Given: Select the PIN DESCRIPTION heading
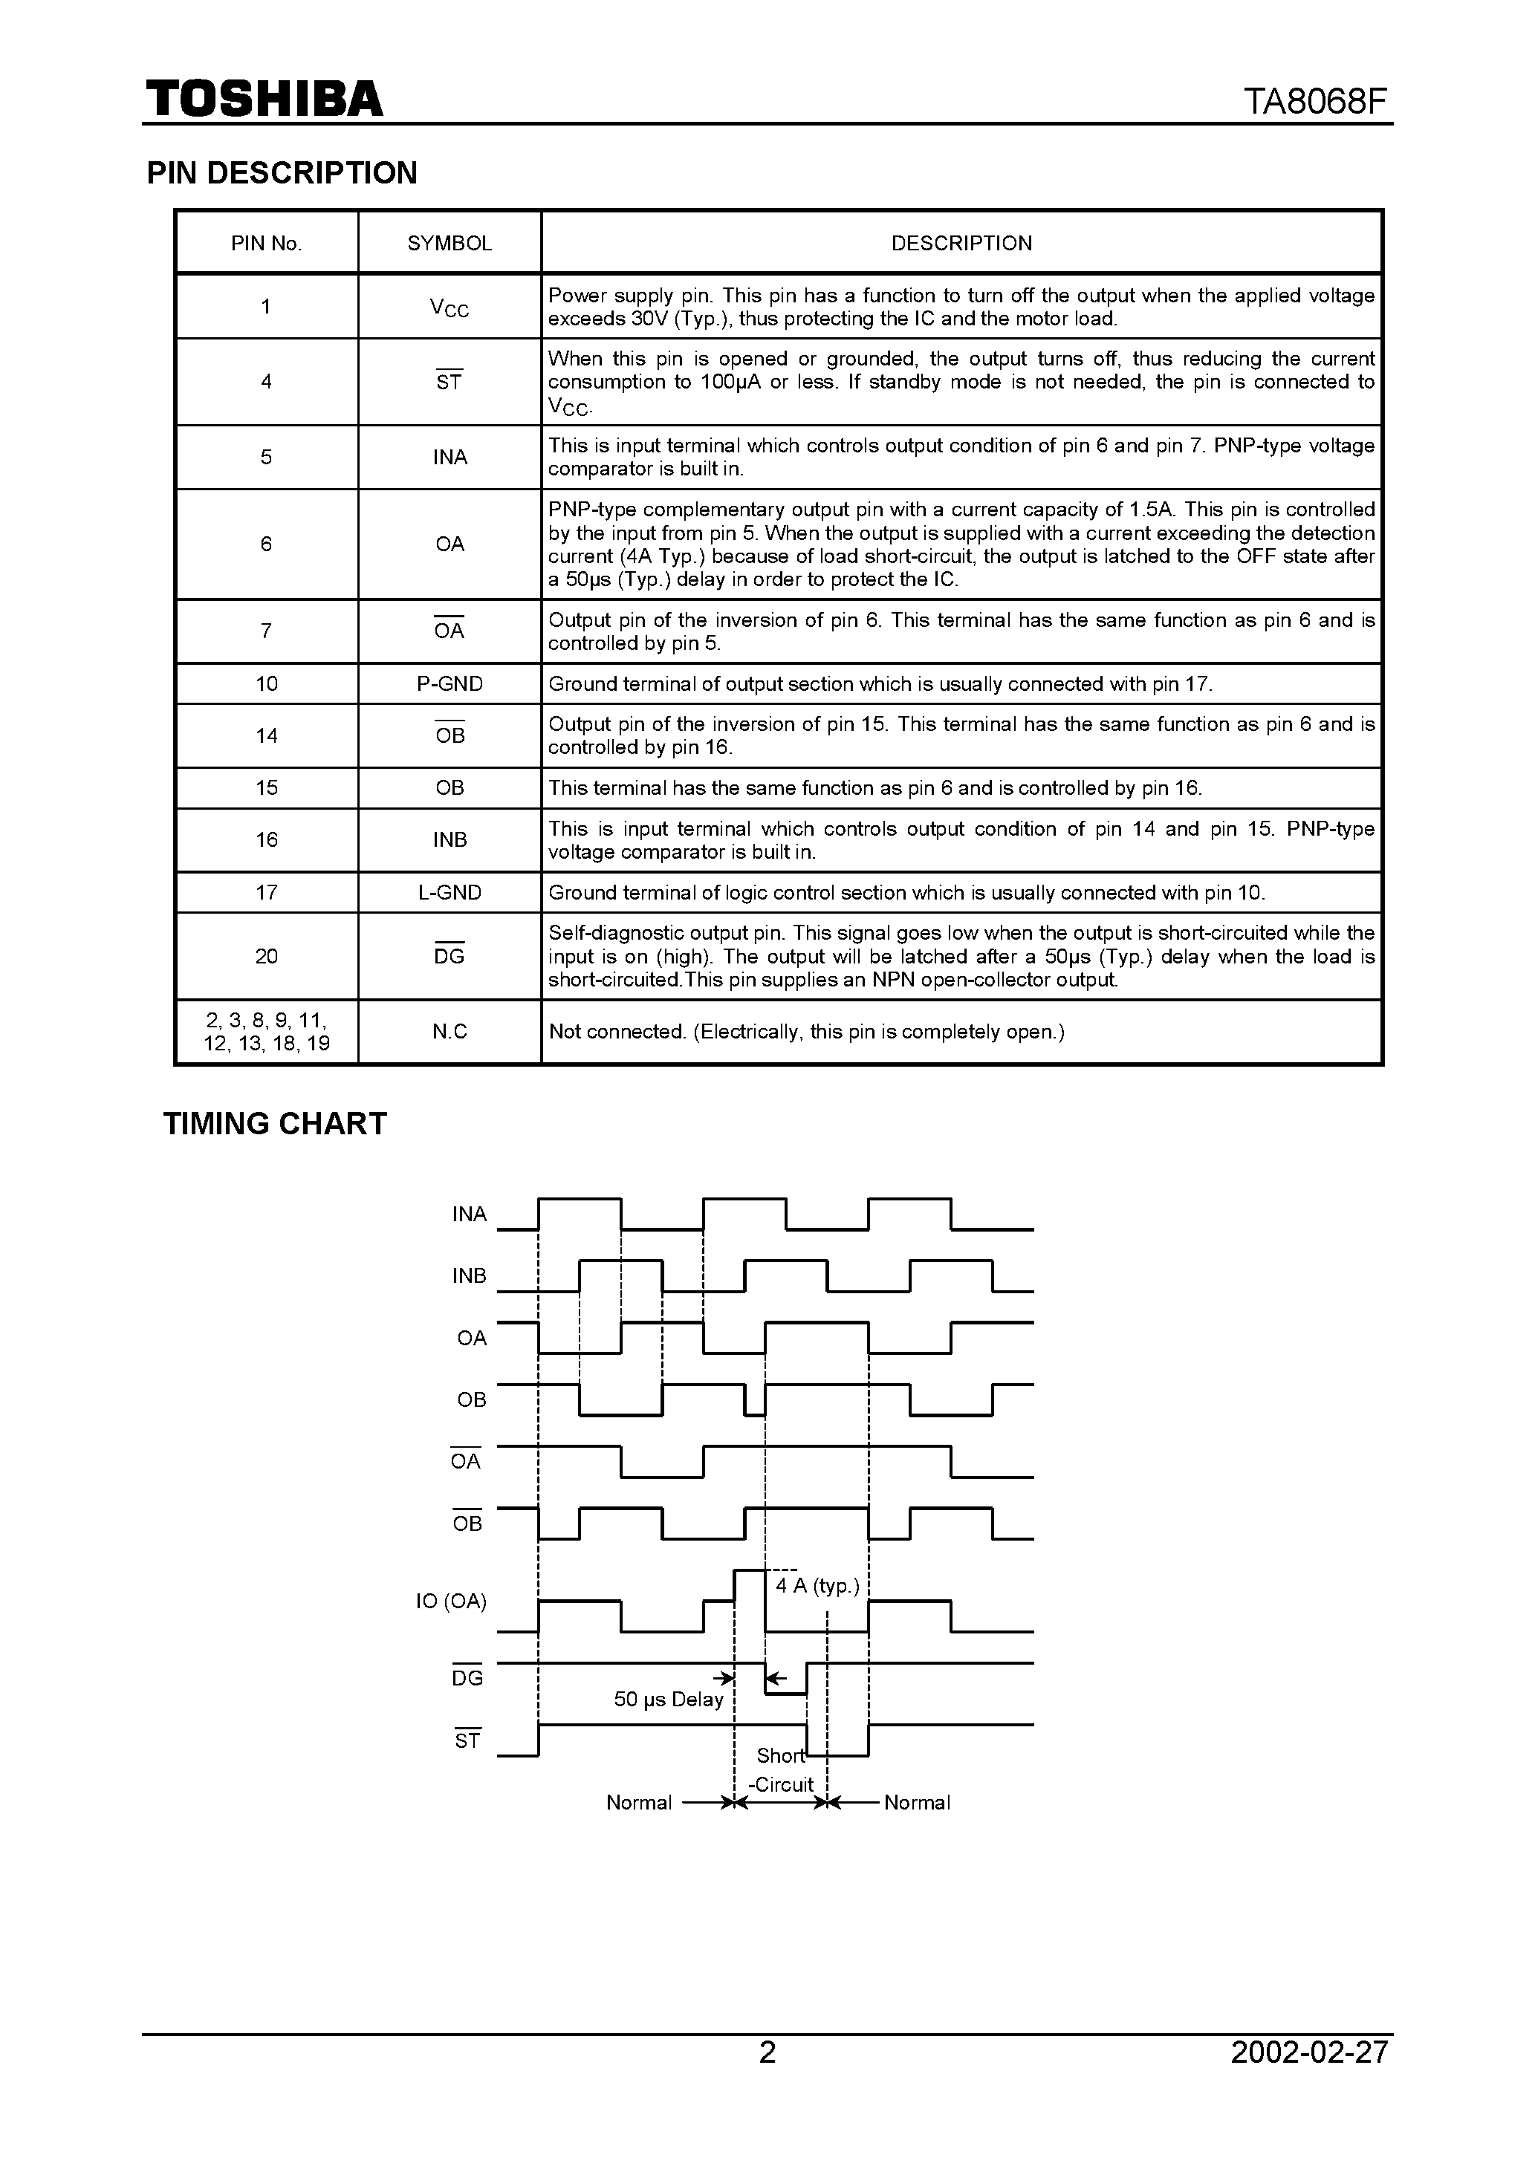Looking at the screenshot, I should (x=282, y=173).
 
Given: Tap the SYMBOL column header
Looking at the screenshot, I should (x=450, y=243).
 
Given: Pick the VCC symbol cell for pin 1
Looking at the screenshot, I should (x=450, y=308).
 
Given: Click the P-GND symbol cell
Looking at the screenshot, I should (x=450, y=684).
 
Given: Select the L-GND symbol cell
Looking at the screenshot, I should (x=450, y=892).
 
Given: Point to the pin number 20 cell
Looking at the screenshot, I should (x=267, y=957).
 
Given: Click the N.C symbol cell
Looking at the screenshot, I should (x=450, y=1032).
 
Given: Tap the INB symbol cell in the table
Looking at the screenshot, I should (x=450, y=840).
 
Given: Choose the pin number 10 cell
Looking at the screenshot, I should (x=267, y=684).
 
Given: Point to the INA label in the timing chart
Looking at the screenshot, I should (x=470, y=1215).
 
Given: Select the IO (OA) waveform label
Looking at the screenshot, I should (x=452, y=1602).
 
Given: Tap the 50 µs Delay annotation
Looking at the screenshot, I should (x=668, y=1700).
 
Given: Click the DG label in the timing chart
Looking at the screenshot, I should (x=467, y=1678).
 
